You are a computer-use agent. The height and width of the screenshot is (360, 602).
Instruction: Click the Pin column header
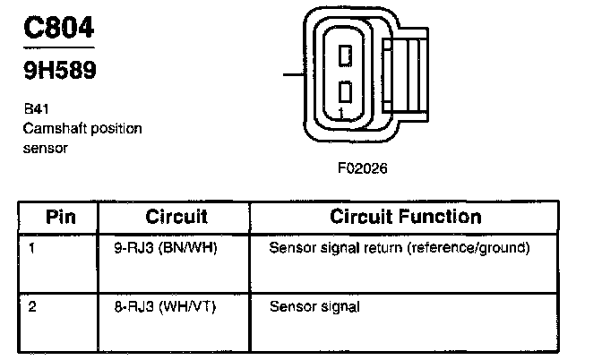point(60,217)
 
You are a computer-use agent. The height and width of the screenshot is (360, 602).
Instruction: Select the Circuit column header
point(176,217)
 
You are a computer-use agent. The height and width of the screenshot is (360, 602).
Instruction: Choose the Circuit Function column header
point(405,217)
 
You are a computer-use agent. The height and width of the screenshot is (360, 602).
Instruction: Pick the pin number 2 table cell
point(32,307)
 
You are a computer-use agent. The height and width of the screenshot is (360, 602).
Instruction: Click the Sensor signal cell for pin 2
point(314,307)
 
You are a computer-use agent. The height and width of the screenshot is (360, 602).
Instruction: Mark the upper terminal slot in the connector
point(345,56)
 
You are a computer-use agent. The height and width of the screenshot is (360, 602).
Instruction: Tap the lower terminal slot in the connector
point(345,91)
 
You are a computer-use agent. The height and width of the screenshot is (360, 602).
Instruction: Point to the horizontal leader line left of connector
point(295,75)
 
